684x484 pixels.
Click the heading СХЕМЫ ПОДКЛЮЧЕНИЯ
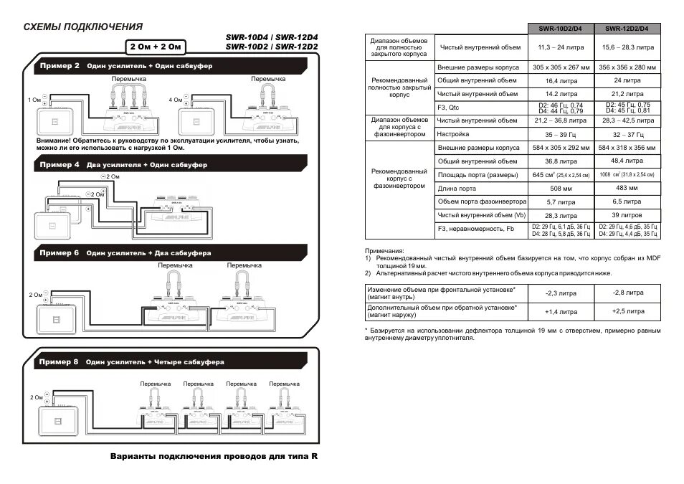point(82,27)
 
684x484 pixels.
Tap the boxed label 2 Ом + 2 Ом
point(157,47)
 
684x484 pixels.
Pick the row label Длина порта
point(457,189)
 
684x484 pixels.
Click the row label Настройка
point(453,134)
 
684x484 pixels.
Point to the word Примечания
point(384,250)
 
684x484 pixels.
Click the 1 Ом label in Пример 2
point(34,100)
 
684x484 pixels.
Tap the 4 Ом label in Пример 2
point(175,100)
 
